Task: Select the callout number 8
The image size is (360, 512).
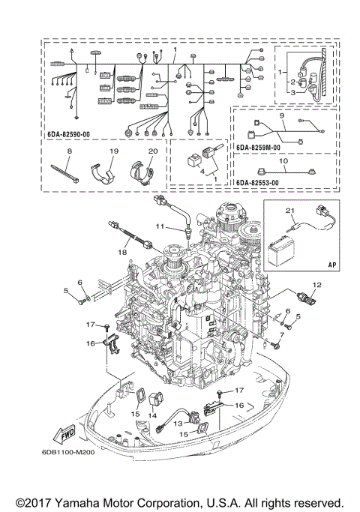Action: pyautogui.click(x=69, y=151)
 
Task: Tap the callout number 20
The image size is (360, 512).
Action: pyautogui.click(x=152, y=151)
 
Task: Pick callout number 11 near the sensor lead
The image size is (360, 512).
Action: pyautogui.click(x=160, y=226)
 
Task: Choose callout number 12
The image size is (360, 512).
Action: pyautogui.click(x=316, y=285)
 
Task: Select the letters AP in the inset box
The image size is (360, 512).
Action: pyautogui.click(x=330, y=264)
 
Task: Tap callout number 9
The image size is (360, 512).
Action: pyautogui.click(x=281, y=116)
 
